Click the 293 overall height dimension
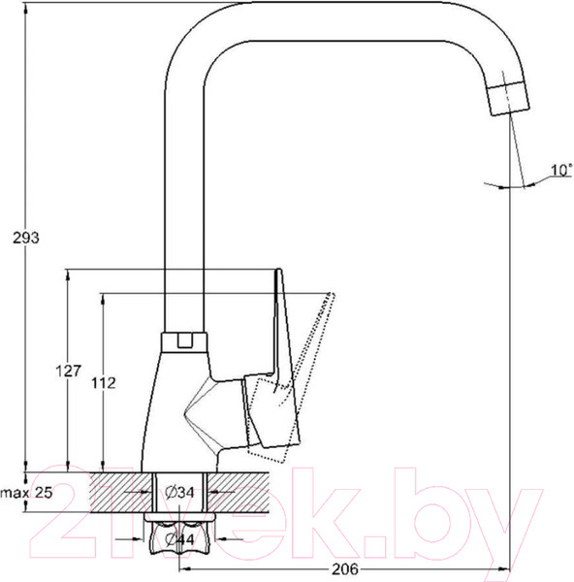(26, 238)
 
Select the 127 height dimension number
(68, 371)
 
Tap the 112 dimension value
(104, 383)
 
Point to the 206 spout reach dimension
(345, 568)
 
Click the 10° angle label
(561, 170)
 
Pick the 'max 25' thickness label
(27, 493)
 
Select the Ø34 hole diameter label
(179, 493)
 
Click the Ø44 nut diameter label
(179, 539)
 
